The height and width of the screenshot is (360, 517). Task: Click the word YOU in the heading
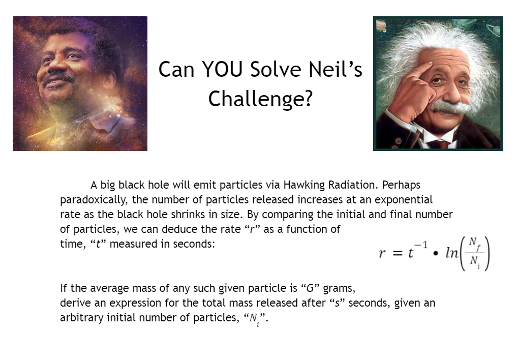pos(222,69)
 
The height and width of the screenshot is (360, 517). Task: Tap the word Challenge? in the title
pos(260,99)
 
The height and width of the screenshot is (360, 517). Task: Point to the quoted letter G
pos(310,288)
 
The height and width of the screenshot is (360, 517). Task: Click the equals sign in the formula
pos(398,253)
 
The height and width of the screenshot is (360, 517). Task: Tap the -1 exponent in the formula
pos(421,245)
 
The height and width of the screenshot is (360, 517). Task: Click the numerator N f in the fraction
pos(474,244)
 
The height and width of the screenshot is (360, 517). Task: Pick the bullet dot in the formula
pos(436,254)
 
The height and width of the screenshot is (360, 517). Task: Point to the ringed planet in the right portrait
pos(492,30)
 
